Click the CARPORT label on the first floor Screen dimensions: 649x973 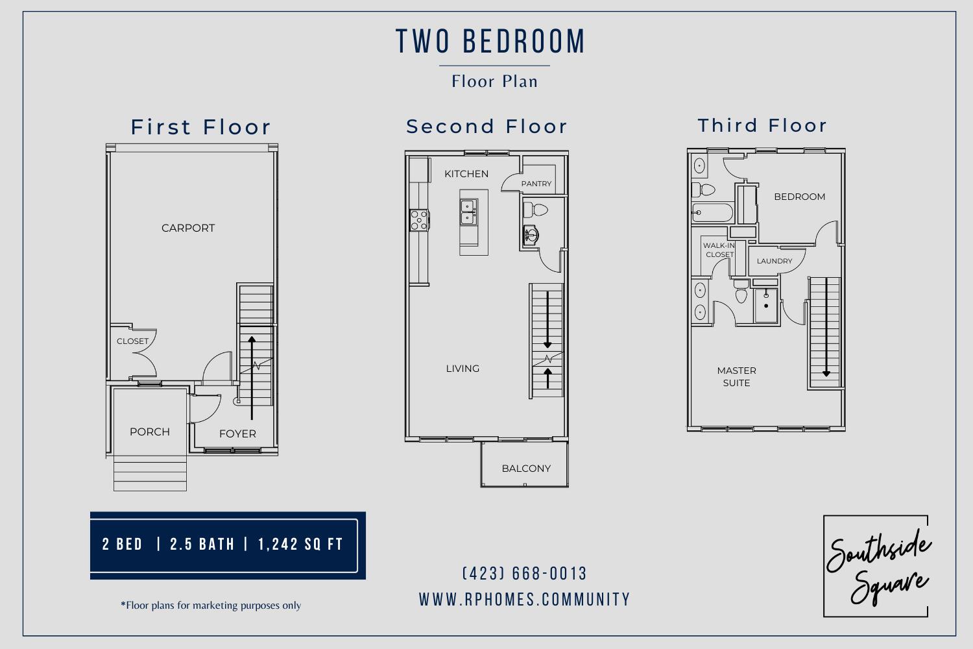click(188, 228)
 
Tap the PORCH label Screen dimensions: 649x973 click(150, 432)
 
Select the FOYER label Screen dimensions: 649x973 click(237, 434)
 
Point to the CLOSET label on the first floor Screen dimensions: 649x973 click(132, 341)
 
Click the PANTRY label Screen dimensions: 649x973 click(536, 184)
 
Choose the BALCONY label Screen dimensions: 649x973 click(526, 468)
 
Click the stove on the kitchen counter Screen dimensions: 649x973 click(419, 220)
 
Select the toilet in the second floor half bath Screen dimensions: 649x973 click(536, 210)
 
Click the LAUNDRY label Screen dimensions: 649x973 click(775, 261)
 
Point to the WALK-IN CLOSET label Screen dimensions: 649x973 click(719, 250)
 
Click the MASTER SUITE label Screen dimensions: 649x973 click(737, 376)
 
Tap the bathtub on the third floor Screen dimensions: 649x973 click(712, 212)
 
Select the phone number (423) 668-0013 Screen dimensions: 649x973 click(525, 574)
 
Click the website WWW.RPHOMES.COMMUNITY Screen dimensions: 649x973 click(525, 599)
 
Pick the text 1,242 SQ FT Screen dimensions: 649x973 click(300, 544)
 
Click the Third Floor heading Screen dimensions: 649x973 click(762, 125)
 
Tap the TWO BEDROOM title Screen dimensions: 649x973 click(491, 41)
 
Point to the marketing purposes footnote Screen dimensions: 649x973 click(211, 606)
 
